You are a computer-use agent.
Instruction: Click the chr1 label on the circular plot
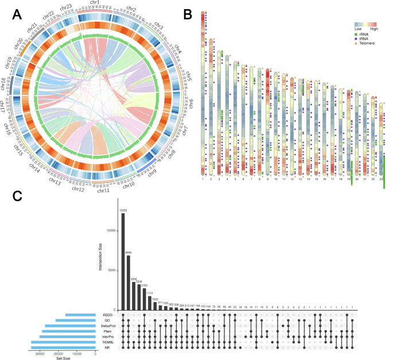[94, 3]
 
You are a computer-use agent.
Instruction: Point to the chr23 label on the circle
[66, 7]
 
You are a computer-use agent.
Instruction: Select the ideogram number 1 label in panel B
[203, 179]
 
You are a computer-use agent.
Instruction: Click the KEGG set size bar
[81, 315]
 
